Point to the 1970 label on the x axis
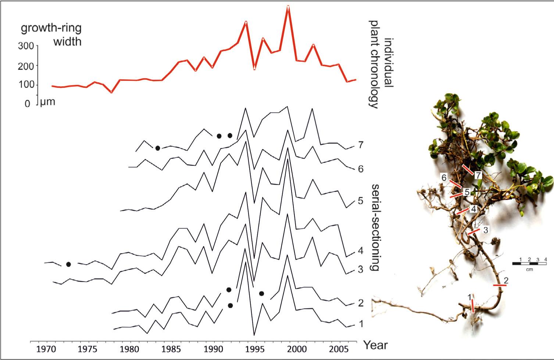[46, 349]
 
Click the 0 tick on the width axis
[27, 104]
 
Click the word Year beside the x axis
[375, 345]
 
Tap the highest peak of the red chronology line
[288, 7]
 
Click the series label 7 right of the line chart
[361, 145]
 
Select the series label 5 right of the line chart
[360, 201]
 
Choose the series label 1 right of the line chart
[361, 324]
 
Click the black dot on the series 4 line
[68, 264]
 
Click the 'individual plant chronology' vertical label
[380, 65]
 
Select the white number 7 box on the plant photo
[478, 175]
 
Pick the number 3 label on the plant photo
[486, 230]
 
